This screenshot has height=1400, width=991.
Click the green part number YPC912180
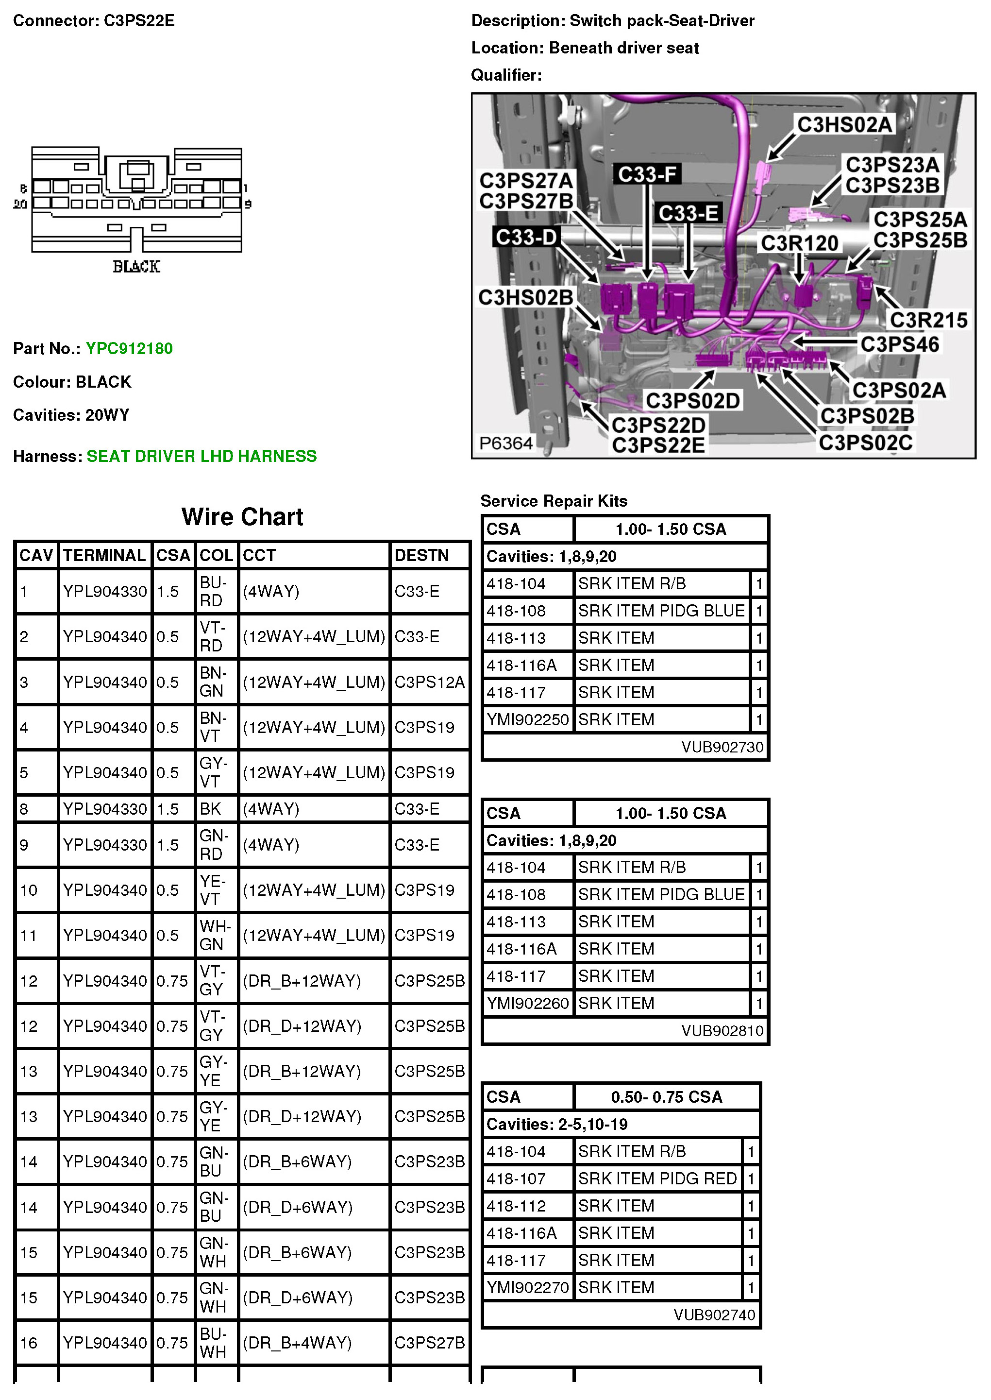129,349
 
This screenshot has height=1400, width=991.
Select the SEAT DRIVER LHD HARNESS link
202,456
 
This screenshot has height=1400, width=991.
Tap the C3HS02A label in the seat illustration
844,124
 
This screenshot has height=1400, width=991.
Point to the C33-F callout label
647,174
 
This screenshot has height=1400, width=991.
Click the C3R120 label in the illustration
799,243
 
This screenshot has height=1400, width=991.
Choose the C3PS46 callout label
899,344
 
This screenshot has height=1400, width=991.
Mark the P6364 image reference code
506,443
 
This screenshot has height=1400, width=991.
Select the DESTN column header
421,555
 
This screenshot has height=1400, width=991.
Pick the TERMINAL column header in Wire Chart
104,555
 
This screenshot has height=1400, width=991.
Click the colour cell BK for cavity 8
211,809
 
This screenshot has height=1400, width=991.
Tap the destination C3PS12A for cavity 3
430,682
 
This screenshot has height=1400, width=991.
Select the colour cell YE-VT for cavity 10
214,890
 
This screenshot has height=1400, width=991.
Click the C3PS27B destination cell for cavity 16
430,1343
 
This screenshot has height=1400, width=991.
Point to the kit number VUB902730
722,747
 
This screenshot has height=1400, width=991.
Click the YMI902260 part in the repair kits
527,1003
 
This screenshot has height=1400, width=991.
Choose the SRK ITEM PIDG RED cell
657,1178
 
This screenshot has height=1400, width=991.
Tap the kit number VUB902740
714,1315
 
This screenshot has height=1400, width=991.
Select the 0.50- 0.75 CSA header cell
666,1097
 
